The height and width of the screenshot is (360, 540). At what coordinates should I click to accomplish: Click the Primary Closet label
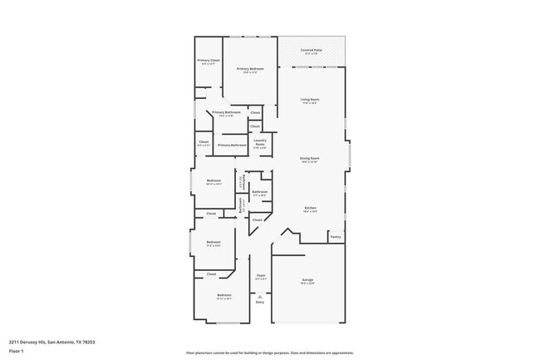click(208, 60)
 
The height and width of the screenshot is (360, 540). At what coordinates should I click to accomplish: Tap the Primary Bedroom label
click(250, 69)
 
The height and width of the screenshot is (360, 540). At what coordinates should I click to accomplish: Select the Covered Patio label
click(312, 51)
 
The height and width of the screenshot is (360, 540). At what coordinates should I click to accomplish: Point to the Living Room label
click(310, 100)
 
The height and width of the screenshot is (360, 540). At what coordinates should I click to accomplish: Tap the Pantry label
click(336, 237)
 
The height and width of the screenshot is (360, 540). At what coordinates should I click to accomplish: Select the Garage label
click(307, 280)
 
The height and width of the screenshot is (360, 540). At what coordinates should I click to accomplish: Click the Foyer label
click(261, 275)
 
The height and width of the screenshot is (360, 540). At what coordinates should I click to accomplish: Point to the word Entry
click(260, 303)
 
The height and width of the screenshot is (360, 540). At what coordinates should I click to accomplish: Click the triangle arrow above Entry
click(260, 296)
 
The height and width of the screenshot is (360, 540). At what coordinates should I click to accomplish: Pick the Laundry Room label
click(259, 143)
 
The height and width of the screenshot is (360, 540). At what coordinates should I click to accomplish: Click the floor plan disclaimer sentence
click(270, 352)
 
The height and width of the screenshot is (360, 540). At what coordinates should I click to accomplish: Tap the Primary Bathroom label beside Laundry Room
click(231, 145)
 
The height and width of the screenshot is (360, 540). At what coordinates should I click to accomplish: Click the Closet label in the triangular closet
click(258, 220)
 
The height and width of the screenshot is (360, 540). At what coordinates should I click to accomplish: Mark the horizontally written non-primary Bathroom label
click(260, 192)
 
